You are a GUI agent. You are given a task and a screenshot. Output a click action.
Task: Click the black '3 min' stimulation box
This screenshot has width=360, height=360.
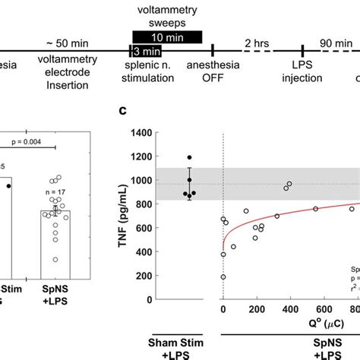[x=146, y=51]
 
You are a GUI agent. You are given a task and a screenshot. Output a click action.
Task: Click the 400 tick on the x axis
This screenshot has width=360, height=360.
[x=289, y=311]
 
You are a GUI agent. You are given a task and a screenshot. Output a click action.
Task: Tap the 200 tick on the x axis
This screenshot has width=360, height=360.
[x=256, y=311]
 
